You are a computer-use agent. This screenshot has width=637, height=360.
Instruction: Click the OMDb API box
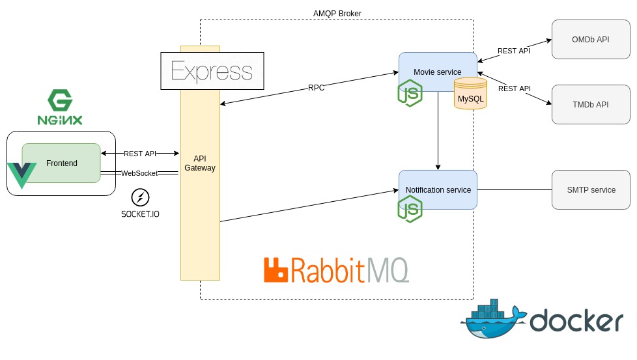point(591,39)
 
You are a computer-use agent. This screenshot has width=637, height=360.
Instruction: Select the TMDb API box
point(591,104)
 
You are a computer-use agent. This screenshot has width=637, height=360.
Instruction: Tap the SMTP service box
point(591,189)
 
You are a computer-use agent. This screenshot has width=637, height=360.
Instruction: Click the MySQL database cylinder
point(470,94)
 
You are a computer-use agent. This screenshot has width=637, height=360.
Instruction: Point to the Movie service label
point(437,72)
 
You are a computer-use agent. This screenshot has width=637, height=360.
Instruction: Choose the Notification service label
point(438,189)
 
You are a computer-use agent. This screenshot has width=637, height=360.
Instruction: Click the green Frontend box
point(61,163)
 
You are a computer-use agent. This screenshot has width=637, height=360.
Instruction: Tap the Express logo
point(212,71)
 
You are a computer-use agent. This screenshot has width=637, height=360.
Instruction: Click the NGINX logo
point(59,108)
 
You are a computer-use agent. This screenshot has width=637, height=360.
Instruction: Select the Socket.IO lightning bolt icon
point(140,197)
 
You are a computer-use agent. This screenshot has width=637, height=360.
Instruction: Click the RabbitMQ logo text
point(336,270)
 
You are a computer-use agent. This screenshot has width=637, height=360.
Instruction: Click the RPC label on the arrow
point(316,88)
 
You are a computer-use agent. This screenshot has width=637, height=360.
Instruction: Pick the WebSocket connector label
point(139,173)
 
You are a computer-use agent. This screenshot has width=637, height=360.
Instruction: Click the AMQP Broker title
point(337,14)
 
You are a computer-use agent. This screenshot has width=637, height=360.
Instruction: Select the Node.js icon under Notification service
point(410,210)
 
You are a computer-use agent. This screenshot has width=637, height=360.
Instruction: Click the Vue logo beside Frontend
point(21,175)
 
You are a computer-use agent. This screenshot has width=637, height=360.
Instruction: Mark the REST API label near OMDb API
point(513,51)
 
